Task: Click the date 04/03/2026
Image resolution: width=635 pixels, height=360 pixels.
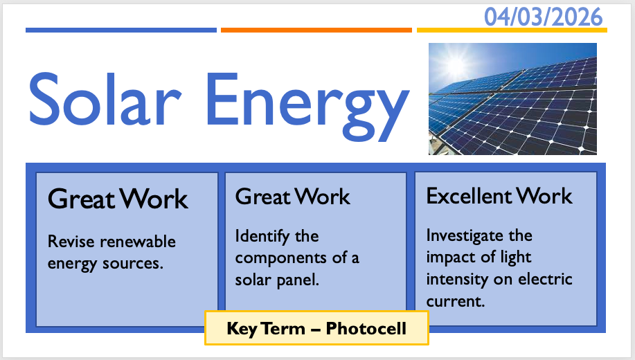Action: [x=544, y=17]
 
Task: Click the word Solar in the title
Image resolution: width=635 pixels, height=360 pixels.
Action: [x=105, y=99]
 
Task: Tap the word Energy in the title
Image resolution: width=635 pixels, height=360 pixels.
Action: [x=307, y=106]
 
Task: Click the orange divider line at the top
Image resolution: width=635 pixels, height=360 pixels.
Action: [x=316, y=30]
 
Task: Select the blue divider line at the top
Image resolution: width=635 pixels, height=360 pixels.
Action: [x=121, y=30]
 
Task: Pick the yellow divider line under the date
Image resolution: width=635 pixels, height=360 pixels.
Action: [x=512, y=30]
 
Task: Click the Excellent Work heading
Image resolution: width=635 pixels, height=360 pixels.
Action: [x=499, y=196]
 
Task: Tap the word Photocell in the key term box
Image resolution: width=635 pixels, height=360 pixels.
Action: [x=366, y=328]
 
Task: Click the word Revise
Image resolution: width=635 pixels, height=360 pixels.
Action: [x=71, y=242]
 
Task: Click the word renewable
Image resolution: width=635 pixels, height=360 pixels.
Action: [x=138, y=242]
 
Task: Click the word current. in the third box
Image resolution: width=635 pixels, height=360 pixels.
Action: [x=456, y=301]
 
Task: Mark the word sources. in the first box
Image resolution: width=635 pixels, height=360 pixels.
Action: [x=133, y=264]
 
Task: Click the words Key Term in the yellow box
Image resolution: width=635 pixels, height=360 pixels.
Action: [x=266, y=328]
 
